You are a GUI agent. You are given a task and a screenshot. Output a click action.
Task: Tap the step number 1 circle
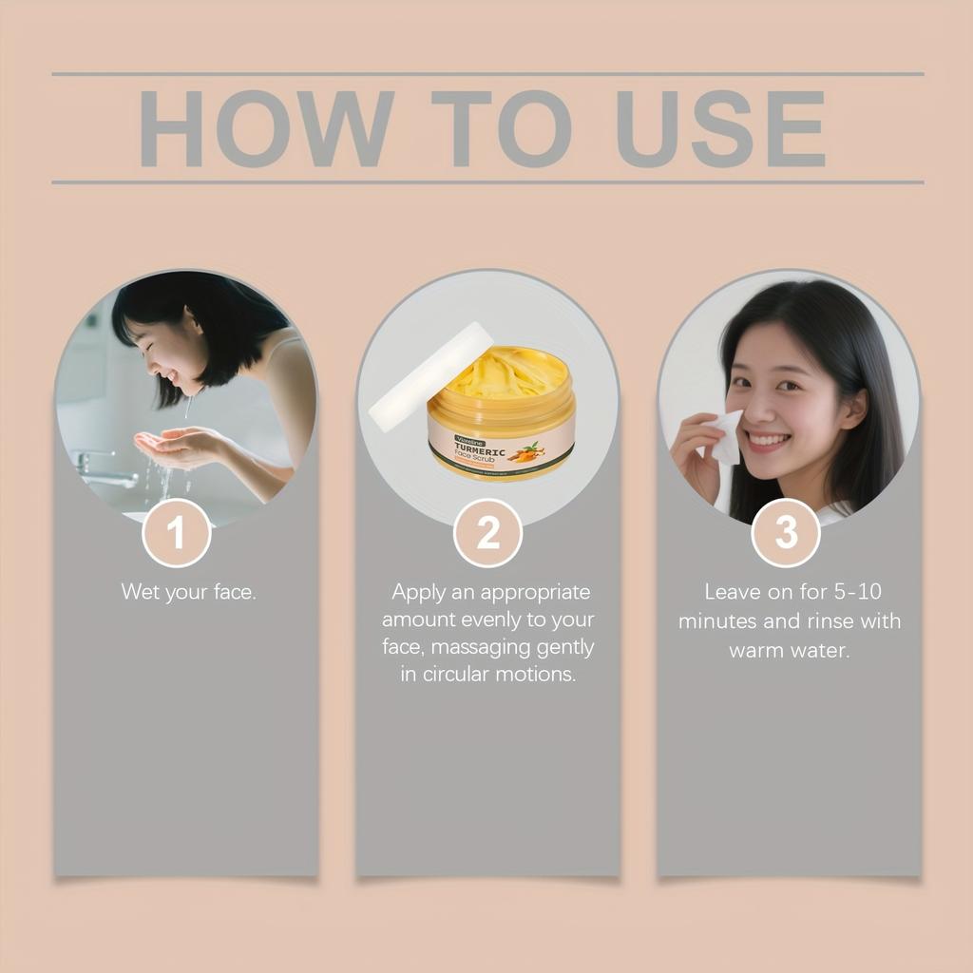click(177, 533)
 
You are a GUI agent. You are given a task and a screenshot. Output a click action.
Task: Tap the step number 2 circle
click(487, 533)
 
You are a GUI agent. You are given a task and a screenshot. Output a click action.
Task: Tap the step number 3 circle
click(786, 533)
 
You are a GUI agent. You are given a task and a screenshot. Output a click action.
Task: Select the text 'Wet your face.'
click(188, 592)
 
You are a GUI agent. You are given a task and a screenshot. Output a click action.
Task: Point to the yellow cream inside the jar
click(504, 372)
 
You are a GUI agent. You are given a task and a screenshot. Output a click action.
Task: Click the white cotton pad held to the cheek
click(725, 436)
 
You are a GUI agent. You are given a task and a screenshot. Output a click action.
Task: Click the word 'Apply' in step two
click(419, 592)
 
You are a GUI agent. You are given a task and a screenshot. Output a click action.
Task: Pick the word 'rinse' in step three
click(831, 621)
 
